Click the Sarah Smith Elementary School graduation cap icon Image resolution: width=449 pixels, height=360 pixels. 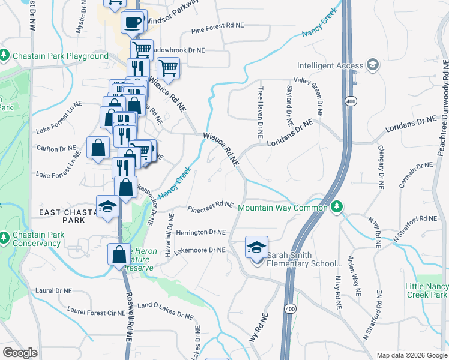coord(256,247)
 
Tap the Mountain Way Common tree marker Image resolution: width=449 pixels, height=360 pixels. coord(337,207)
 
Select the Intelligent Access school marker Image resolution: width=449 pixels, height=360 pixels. coord(372,65)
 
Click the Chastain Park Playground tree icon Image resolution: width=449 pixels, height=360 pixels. coord(5,56)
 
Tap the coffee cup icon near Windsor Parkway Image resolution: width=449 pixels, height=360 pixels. coord(132,23)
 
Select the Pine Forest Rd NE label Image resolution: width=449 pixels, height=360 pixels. coord(218,26)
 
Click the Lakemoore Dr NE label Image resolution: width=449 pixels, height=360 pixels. coord(200,250)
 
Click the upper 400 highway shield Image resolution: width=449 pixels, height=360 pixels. coord(351,101)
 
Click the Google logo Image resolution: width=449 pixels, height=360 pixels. coord(20,353)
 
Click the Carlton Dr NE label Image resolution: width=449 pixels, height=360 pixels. coord(56,148)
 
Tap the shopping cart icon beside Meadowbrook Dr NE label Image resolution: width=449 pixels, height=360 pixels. coord(142,49)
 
